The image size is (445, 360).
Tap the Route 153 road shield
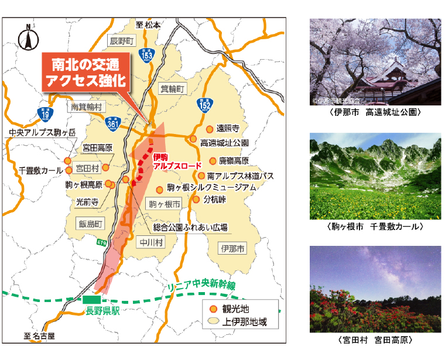(147, 54)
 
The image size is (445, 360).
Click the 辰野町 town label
(122, 41)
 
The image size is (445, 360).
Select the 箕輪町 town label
(172, 88)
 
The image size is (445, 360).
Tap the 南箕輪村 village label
(86, 107)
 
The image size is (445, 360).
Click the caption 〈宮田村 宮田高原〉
(375, 340)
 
